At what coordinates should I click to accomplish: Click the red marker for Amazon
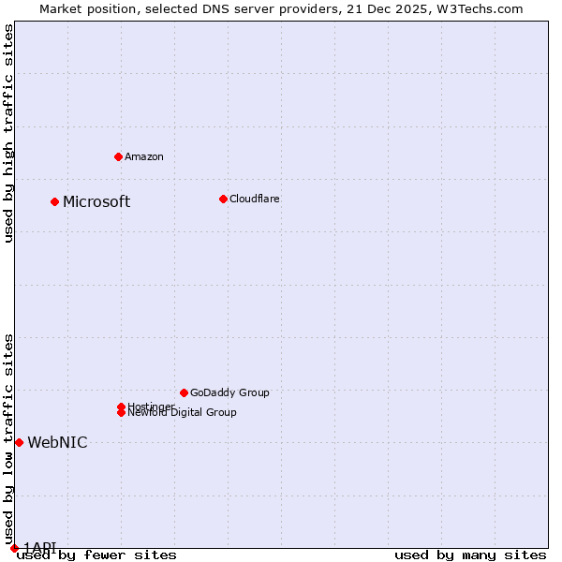118,156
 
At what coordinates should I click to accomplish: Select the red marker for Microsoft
54,201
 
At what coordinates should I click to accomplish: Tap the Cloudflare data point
223,199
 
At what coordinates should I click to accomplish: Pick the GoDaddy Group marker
184,392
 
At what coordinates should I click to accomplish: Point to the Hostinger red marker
121,407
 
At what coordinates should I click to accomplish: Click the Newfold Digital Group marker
121,413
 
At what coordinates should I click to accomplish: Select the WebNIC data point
19,442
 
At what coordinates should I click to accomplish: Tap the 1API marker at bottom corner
14,548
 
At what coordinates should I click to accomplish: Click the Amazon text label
143,156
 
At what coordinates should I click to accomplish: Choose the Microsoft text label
96,202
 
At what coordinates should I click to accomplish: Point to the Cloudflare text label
254,199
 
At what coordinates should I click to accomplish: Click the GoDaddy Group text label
229,392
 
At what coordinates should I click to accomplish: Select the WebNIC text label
57,443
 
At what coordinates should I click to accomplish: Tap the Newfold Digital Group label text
182,413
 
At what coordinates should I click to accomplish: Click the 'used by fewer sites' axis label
96,555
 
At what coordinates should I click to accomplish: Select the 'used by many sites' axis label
470,555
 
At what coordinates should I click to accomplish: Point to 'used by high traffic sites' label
8,133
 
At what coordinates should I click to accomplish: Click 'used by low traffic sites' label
8,438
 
